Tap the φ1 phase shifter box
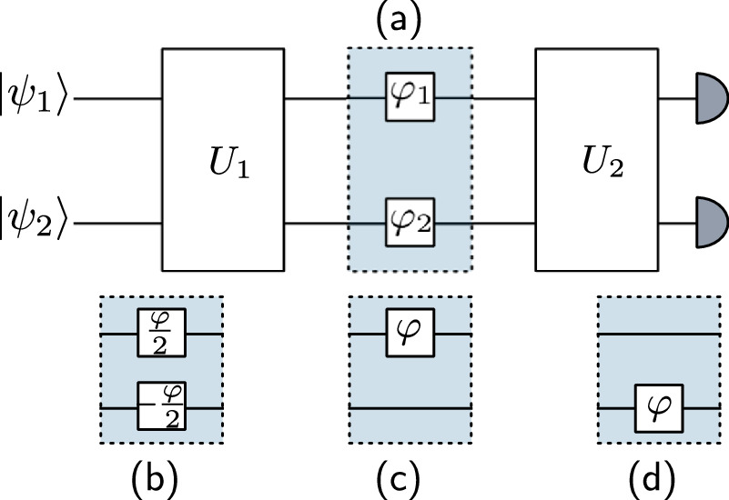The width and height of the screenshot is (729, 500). pyautogui.click(x=409, y=95)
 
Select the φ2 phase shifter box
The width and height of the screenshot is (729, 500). pyautogui.click(x=409, y=222)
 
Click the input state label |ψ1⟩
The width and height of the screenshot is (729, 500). pyautogui.click(x=35, y=95)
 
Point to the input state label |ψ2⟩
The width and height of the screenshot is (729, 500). pyautogui.click(x=35, y=222)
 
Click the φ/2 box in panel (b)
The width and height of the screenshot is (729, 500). pyautogui.click(x=161, y=334)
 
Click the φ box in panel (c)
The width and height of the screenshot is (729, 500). pyautogui.click(x=409, y=334)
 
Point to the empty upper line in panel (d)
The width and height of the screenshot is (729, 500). pyautogui.click(x=658, y=334)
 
